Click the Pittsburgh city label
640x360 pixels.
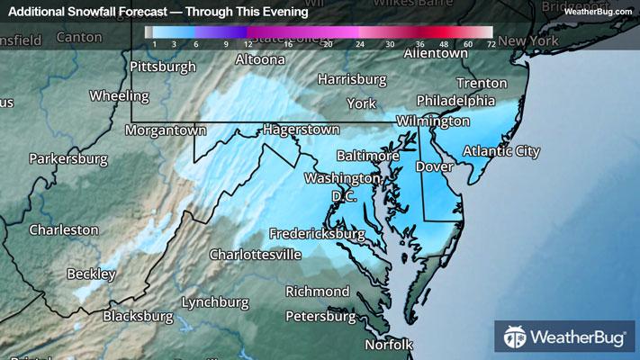pos(162,67)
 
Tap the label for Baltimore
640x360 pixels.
pos(367,155)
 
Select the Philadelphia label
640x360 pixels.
pos(455,100)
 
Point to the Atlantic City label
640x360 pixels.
pos(501,151)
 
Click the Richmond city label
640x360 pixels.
pos(317,292)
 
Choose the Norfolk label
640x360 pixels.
pos(389,345)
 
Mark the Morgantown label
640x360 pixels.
pos(166,130)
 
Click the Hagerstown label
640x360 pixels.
pos(302,130)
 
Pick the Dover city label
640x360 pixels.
pos(431,166)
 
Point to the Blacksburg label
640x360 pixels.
pos(138,316)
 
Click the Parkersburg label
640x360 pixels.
pos(68,159)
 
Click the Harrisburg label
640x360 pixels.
pos(346,78)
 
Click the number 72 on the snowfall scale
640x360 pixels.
pos(490,43)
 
